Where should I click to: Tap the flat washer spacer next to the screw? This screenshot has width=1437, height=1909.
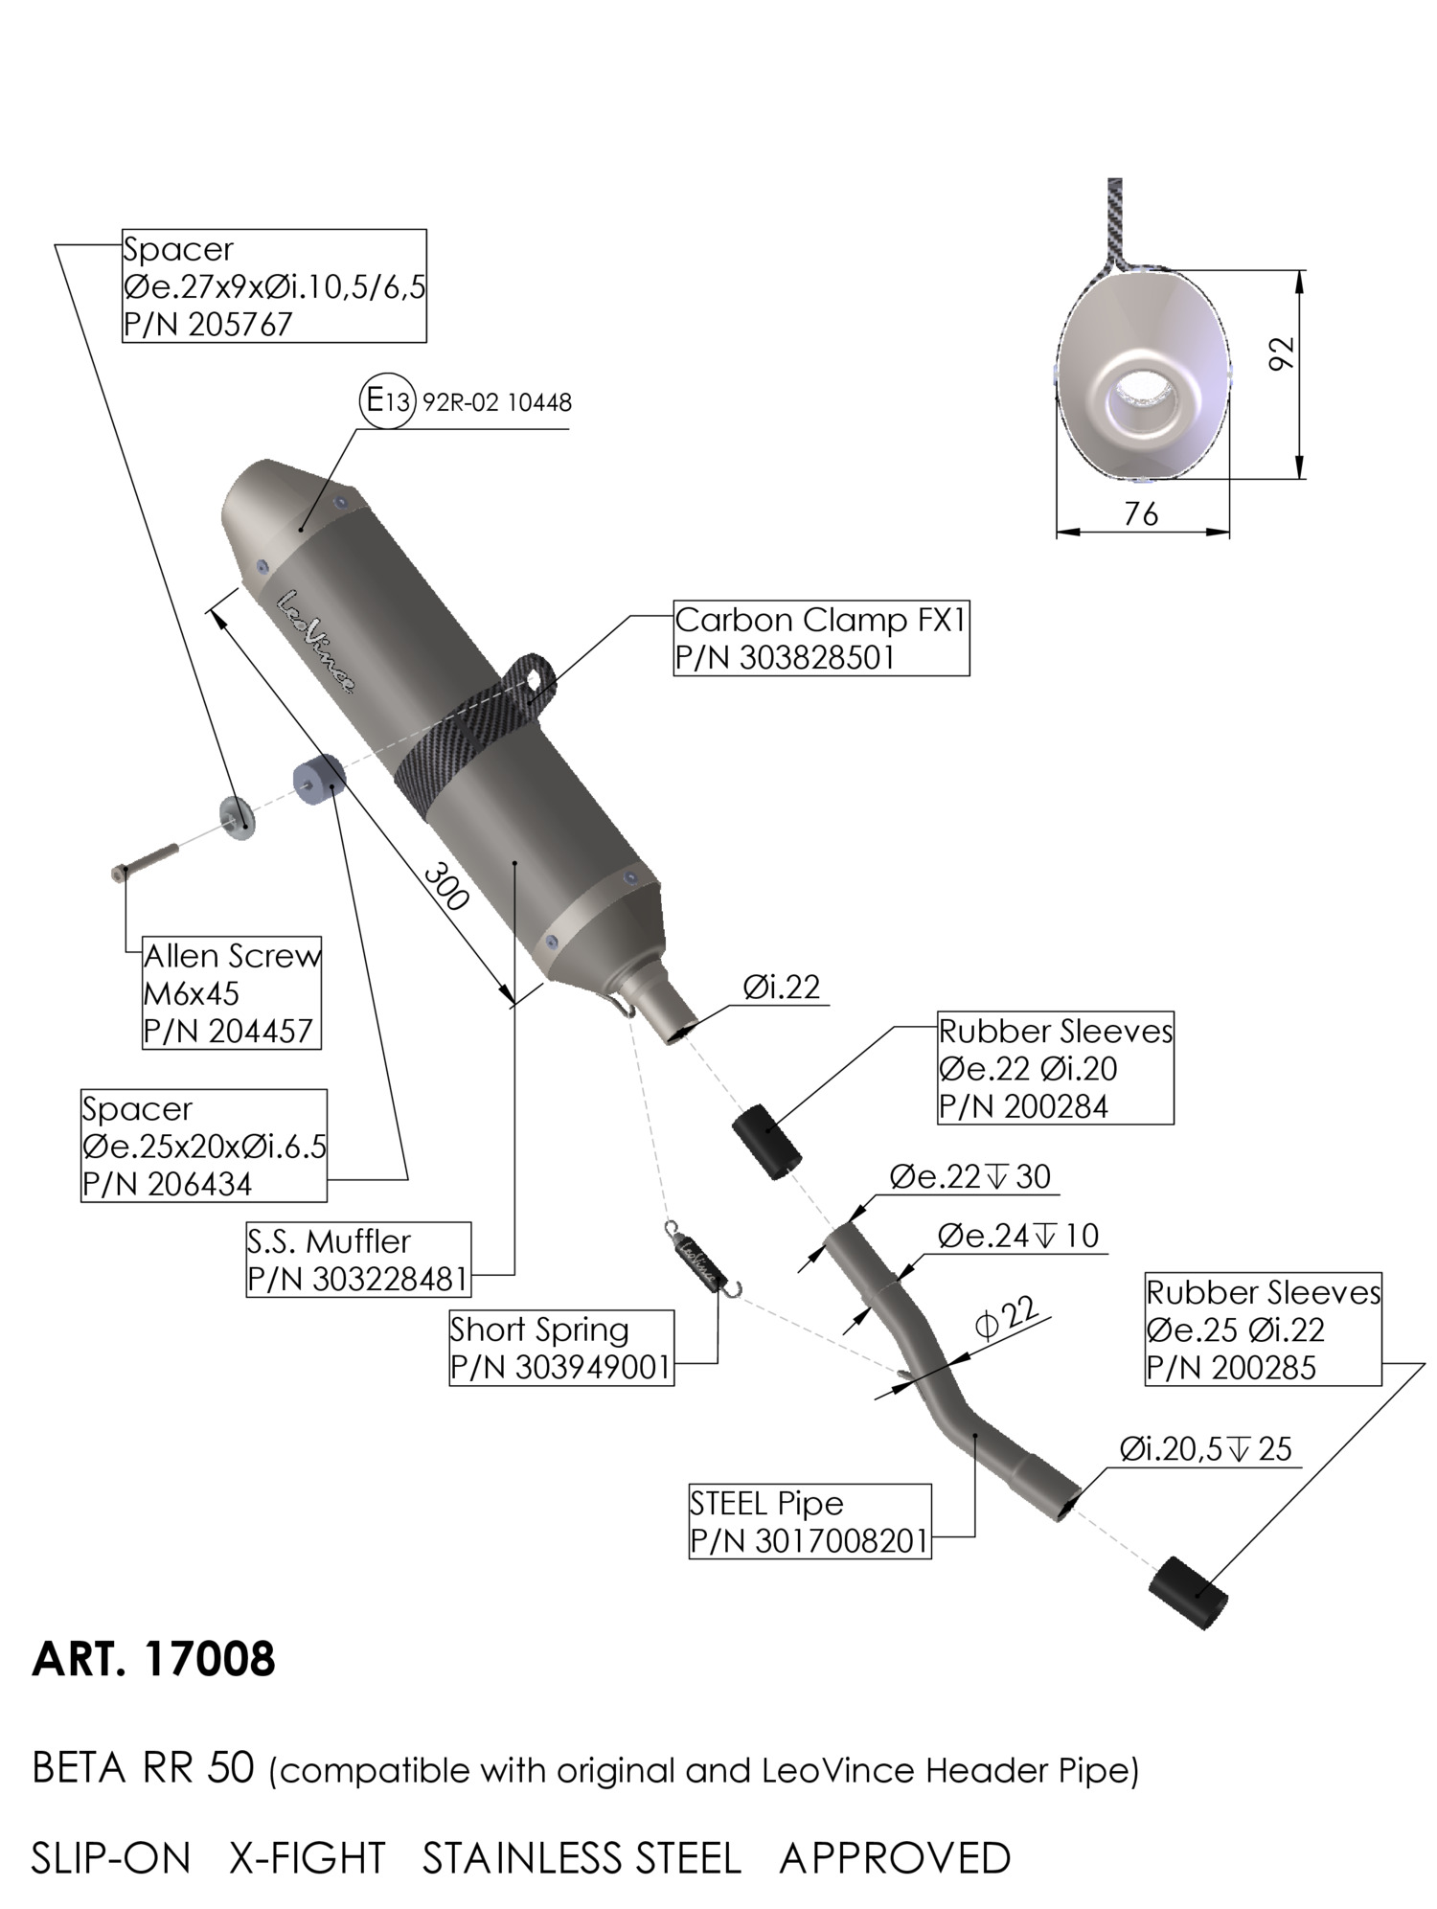click(x=238, y=816)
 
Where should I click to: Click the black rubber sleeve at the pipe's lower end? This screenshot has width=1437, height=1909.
click(x=1189, y=1592)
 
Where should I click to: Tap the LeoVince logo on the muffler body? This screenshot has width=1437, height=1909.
click(x=317, y=641)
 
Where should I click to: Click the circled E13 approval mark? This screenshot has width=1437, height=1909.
click(x=388, y=400)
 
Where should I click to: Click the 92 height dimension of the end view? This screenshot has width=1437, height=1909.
click(x=1281, y=352)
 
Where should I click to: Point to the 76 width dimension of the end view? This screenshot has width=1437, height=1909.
click(x=1140, y=514)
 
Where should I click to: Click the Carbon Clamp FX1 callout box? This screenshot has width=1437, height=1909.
click(x=821, y=638)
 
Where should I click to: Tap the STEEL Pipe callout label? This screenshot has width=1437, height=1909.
click(x=766, y=1503)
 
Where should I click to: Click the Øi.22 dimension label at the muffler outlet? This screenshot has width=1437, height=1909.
click(x=782, y=987)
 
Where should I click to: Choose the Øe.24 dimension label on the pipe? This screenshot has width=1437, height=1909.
click(x=1017, y=1236)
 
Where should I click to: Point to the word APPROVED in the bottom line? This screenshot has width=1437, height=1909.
click(x=895, y=1858)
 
